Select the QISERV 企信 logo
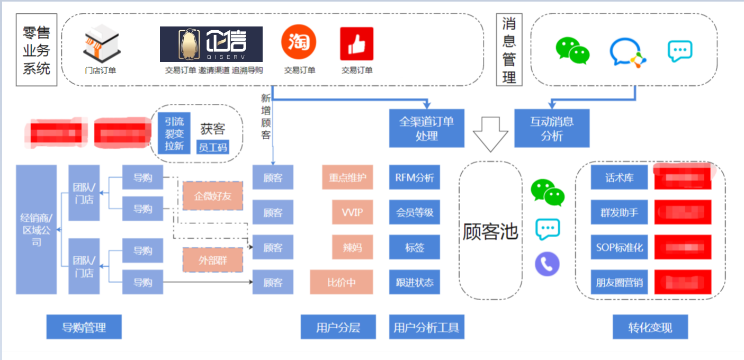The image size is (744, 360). click(211, 44)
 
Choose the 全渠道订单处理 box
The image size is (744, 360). click(426, 128)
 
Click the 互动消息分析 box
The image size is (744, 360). click(552, 128)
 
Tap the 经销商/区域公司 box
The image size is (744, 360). click(36, 229)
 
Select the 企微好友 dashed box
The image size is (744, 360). click(212, 196)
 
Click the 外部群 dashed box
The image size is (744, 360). click(212, 260)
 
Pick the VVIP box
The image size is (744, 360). click(352, 213)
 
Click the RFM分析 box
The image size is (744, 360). click(414, 178)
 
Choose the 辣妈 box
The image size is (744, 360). click(352, 247)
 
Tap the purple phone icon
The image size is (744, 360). click(547, 264)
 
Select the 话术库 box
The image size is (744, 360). click(619, 178)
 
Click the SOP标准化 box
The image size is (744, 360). click(619, 247)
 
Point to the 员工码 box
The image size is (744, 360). click(212, 147)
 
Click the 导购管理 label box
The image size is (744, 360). click(84, 327)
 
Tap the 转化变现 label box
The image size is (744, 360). click(650, 327)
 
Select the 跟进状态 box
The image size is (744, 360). click(414, 282)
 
